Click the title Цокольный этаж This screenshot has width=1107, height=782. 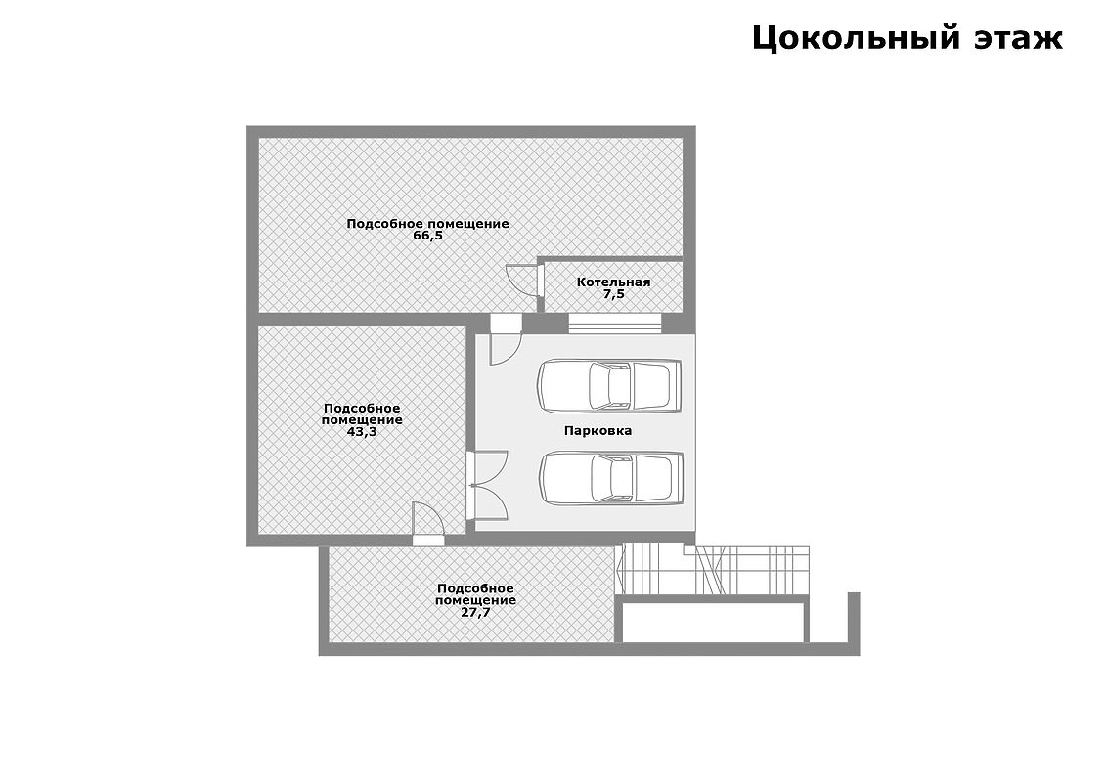point(908,38)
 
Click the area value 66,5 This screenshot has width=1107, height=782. point(427,236)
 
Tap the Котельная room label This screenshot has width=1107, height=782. point(613,282)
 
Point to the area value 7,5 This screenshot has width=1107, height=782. point(613,294)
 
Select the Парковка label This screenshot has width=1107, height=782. point(598,430)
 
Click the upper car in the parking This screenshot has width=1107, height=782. point(609,385)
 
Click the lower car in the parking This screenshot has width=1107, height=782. point(611,479)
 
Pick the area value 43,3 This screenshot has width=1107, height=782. point(362,432)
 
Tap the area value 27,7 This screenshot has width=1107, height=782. point(476,613)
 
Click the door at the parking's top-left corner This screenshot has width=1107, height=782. point(506,339)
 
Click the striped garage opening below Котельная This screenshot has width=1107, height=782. point(615,324)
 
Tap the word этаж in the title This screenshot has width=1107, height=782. point(1019,38)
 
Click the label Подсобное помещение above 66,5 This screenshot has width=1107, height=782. point(427,224)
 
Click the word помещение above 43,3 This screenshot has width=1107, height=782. point(362,420)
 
